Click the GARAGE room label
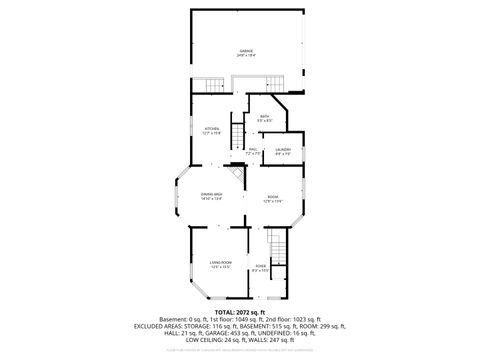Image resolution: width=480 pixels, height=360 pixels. (246, 50)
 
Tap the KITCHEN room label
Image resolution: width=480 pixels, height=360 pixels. (212, 129)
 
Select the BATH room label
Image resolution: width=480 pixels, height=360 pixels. (264, 117)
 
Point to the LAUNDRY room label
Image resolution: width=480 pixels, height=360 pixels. (282, 149)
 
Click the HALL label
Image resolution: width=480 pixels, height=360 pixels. (254, 149)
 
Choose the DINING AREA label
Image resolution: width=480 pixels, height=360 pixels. (210, 194)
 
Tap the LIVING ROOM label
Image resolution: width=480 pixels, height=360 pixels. (221, 262)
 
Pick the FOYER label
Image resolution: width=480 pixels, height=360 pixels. (260, 266)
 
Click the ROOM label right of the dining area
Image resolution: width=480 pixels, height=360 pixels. (272, 197)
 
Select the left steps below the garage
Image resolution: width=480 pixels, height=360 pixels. (207, 84)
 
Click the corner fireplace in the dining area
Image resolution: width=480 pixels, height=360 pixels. (237, 177)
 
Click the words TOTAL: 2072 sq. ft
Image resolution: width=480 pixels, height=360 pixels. (240, 313)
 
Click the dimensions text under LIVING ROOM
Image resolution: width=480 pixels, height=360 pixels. (221, 267)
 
